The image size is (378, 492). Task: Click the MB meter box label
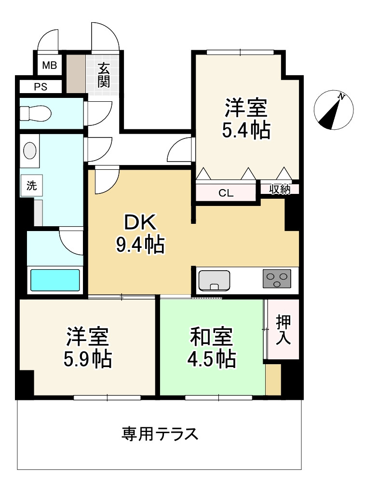point(49,65)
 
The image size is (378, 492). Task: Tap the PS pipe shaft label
point(40,87)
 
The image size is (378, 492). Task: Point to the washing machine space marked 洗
point(31,186)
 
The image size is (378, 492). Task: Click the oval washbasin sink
point(30,150)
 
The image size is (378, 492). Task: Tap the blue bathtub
point(55,280)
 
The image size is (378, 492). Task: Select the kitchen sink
point(214,280)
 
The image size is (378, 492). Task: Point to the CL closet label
point(226,193)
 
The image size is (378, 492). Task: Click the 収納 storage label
point(280,190)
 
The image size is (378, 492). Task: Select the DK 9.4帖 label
point(140,234)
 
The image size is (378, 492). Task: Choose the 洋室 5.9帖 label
point(88,347)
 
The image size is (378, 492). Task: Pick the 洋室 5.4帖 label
point(246,119)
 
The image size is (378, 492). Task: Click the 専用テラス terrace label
point(160,434)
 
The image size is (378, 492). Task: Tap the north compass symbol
point(334,110)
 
